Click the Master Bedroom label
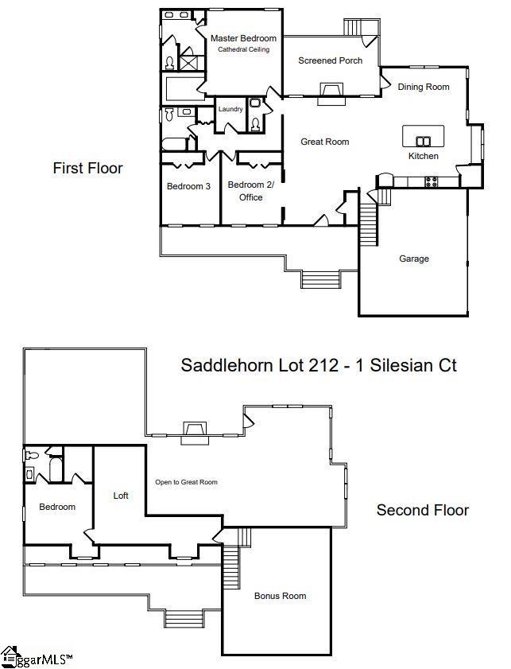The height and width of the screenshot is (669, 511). point(243,38)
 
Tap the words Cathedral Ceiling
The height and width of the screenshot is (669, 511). point(243,49)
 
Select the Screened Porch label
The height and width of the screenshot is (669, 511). point(331,60)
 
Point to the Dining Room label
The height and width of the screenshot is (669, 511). point(424,87)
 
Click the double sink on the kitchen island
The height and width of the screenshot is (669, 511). point(424,141)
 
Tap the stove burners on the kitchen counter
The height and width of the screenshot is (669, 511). point(431,182)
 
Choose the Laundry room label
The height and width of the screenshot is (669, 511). point(230,109)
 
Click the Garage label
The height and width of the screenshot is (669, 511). point(414,259)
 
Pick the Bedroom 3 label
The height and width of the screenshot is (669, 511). point(188,186)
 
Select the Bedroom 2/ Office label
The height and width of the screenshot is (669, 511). point(251,191)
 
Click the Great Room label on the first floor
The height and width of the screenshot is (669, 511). point(325,142)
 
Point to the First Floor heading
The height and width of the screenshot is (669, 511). point(87,168)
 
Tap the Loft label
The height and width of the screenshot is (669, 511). point(121,496)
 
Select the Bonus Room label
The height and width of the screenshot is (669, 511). point(280,596)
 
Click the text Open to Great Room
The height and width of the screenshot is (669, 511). point(186,482)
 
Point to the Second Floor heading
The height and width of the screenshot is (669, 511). point(423,510)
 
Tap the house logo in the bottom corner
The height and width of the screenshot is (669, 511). point(8,657)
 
